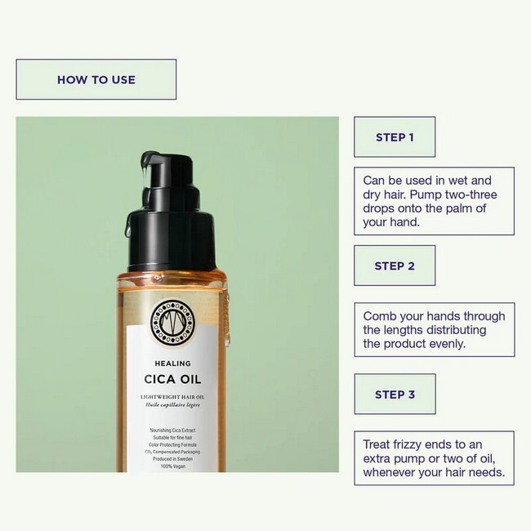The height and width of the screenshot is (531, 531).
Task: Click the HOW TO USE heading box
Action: click(96, 79)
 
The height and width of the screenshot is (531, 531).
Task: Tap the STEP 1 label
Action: click(395, 137)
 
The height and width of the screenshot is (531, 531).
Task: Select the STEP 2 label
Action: click(395, 265)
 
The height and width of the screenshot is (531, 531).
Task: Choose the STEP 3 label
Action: click(395, 395)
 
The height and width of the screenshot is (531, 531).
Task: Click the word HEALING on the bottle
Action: click(172, 364)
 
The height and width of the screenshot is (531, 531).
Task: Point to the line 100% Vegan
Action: click(172, 466)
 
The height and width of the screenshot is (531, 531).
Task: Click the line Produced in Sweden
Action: click(172, 458)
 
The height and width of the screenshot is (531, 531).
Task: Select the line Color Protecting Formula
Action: click(172, 444)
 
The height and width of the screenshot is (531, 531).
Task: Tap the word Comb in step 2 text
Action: click(380, 316)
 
